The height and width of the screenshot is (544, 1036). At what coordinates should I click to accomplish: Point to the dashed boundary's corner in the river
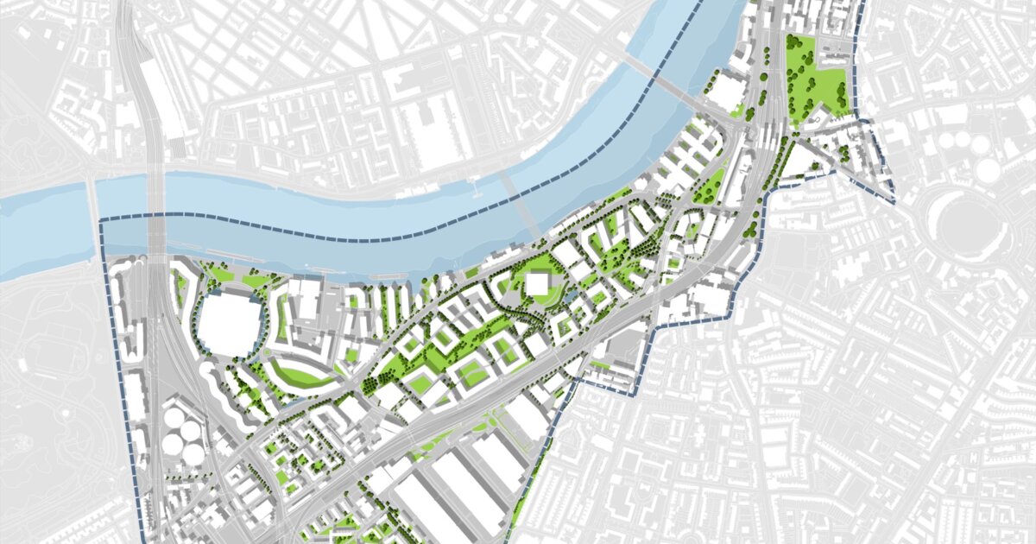102,222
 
